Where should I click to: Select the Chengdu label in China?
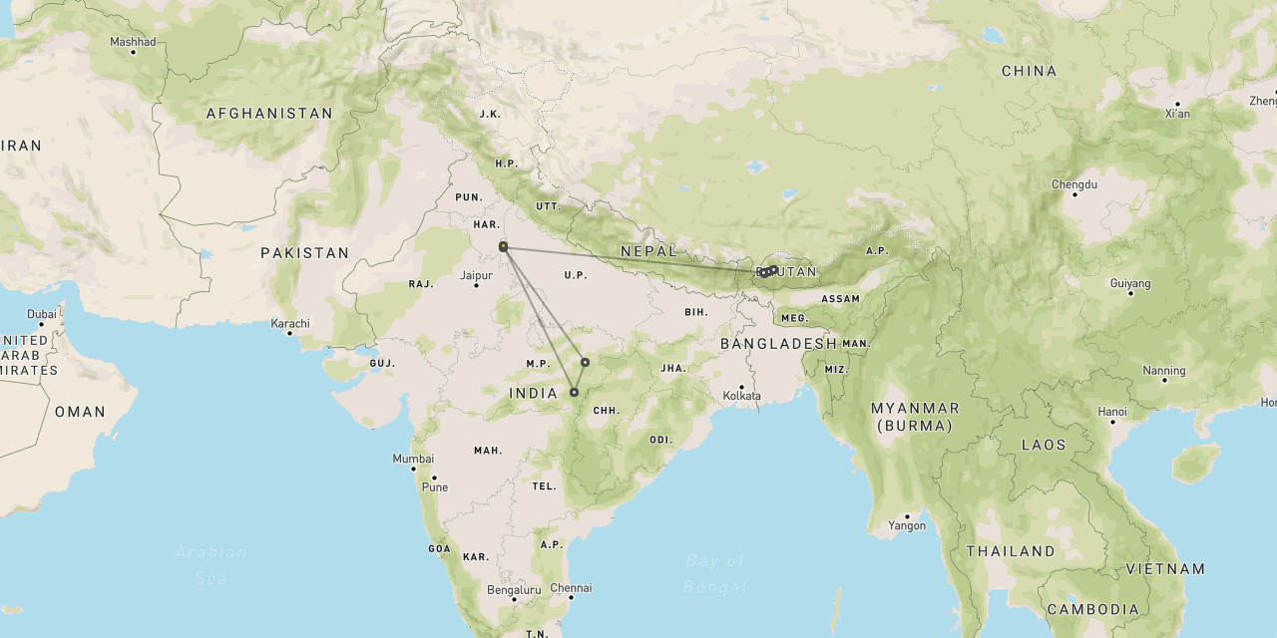pyautogui.click(x=1074, y=184)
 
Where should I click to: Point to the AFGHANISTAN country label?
pyautogui.click(x=269, y=114)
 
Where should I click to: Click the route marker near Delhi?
pyautogui.click(x=504, y=246)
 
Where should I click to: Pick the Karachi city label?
pyautogui.click(x=290, y=323)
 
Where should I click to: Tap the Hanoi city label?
pyautogui.click(x=1112, y=412)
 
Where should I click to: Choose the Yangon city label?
pyautogui.click(x=907, y=525)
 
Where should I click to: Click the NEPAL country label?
pyautogui.click(x=649, y=251)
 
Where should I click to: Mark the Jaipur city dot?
pyautogui.click(x=476, y=286)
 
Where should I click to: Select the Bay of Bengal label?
pyautogui.click(x=715, y=573)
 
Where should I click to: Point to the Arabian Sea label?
pyautogui.click(x=211, y=564)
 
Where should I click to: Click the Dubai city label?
pyautogui.click(x=42, y=314)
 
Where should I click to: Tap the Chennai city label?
pyautogui.click(x=571, y=587)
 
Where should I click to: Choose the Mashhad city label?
pyautogui.click(x=133, y=42)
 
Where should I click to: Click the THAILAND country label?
pyautogui.click(x=1010, y=551)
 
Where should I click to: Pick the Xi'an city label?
pyautogui.click(x=1177, y=114)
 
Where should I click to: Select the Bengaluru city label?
pyautogui.click(x=514, y=590)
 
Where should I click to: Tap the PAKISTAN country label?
pyautogui.click(x=305, y=253)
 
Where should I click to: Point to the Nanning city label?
pyautogui.click(x=1164, y=371)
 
